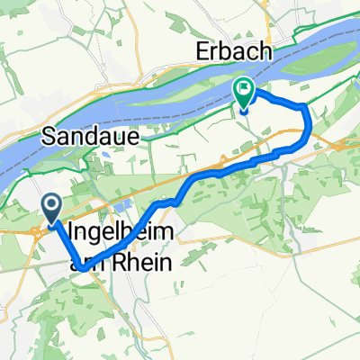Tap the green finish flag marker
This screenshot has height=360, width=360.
tap(244, 93)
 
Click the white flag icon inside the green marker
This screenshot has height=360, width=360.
tap(244, 89)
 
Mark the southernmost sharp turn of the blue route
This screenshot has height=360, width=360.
tap(81, 267)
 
